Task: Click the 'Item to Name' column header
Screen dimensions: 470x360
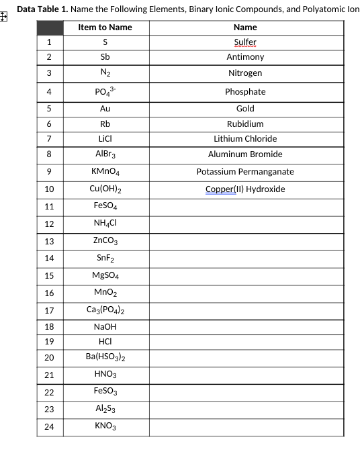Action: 105,28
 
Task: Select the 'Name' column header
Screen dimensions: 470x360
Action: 245,28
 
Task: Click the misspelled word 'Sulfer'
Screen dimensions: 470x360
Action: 245,42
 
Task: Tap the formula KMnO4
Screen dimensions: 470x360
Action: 105,172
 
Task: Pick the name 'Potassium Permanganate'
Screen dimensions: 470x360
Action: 245,172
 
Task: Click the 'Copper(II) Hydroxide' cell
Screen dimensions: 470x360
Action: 245,189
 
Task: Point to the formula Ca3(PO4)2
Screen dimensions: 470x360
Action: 105,310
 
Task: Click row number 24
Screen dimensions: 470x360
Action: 49,426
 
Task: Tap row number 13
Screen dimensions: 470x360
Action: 49,241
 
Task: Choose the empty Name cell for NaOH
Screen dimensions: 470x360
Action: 245,327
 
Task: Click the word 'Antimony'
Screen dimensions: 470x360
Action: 245,57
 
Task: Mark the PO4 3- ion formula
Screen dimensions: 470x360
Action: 105,91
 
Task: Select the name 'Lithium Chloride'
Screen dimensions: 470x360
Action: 245,139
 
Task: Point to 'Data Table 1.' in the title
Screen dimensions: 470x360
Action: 40,9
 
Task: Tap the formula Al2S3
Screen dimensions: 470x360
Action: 105,409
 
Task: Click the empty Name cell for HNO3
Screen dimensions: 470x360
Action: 245,375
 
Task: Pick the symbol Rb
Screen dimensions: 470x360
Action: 105,124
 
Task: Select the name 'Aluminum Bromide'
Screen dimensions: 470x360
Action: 245,154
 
